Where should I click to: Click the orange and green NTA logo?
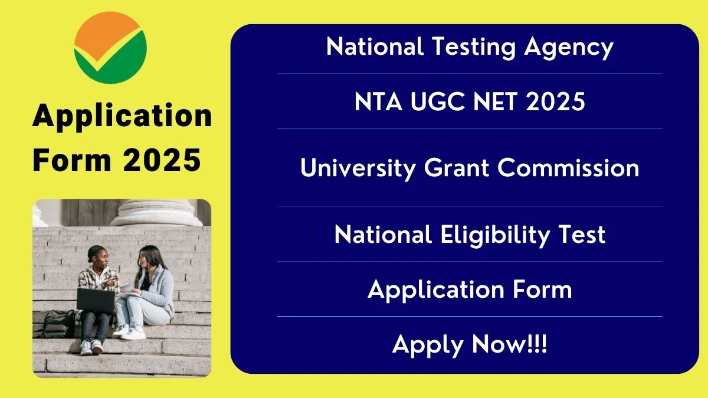coord(110,48)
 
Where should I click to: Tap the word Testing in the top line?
coord(473,48)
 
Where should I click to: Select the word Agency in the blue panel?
coord(569,48)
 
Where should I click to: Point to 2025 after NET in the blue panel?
coord(555,101)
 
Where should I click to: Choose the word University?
coord(358,168)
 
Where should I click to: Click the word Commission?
coord(568,167)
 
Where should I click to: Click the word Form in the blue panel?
coord(542,290)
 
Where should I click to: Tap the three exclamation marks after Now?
coord(537,344)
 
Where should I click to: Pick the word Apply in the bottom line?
coord(428,346)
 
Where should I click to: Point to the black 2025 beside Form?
coord(162,160)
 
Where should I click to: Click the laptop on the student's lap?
coord(96,300)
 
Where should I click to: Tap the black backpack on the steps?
coord(58,324)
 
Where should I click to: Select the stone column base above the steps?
coord(156,213)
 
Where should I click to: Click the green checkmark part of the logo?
coord(111,60)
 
